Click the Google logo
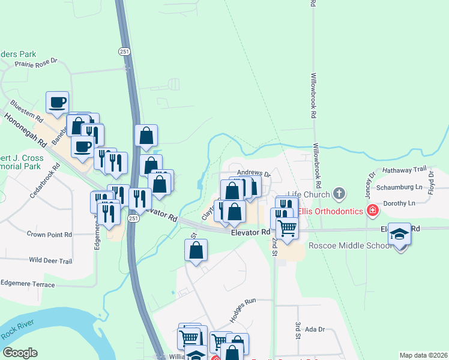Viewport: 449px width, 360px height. tap(20, 353)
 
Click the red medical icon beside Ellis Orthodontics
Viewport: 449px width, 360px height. tap(373, 210)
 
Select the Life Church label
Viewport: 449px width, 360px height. tap(308, 194)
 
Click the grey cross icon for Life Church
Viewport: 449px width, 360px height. tap(340, 193)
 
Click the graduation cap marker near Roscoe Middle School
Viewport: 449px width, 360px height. tap(399, 234)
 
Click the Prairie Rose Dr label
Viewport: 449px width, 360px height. tap(36, 62)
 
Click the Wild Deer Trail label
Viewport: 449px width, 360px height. tap(50, 261)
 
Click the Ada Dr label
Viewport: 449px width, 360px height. tap(315, 329)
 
